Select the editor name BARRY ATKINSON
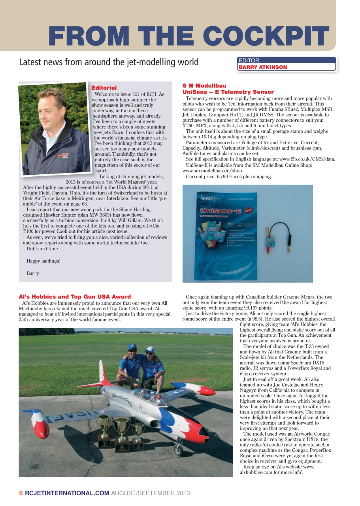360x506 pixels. [x=263, y=67]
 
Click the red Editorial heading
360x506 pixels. [x=104, y=88]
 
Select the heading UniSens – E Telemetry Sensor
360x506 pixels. [x=228, y=92]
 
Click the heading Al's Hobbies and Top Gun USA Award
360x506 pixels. [x=75, y=296]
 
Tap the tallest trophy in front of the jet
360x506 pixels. [x=122, y=433]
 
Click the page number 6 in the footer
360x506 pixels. [x=21, y=493]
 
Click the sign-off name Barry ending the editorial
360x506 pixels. [x=33, y=273]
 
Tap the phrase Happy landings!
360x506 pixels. [x=43, y=261]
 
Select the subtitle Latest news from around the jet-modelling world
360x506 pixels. [x=109, y=62]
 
